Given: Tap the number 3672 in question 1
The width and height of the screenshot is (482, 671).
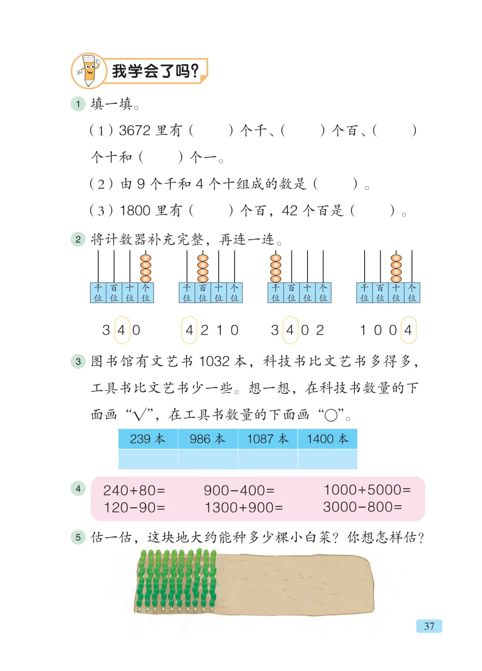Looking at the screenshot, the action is pyautogui.click(x=135, y=130).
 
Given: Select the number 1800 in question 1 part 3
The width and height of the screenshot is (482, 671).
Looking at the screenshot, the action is pyautogui.click(x=135, y=210).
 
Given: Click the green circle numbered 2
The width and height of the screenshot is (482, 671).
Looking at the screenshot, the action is pyautogui.click(x=78, y=240).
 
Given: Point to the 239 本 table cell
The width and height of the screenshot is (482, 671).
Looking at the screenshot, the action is pyautogui.click(x=148, y=439).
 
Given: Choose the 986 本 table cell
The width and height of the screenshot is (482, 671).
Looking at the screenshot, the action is pyautogui.click(x=208, y=439).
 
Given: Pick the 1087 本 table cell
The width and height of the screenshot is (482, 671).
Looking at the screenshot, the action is pyautogui.click(x=268, y=439).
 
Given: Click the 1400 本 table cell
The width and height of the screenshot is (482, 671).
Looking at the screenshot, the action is pyautogui.click(x=327, y=439).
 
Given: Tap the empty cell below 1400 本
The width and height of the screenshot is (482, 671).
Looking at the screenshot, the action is pyautogui.click(x=327, y=459).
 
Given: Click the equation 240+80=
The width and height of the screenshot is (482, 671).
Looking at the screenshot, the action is pyautogui.click(x=134, y=490).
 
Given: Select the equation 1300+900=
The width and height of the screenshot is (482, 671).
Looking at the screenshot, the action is pyautogui.click(x=244, y=507).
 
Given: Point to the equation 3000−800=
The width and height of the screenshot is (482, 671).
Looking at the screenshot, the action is pyautogui.click(x=362, y=507).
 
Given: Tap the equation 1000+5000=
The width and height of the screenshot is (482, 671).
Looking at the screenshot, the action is pyautogui.click(x=367, y=490).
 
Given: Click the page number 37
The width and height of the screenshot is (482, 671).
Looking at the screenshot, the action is pyautogui.click(x=429, y=626).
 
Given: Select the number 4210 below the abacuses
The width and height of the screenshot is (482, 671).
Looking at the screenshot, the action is pyautogui.click(x=212, y=330).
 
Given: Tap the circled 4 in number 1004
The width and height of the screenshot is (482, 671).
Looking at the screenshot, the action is pyautogui.click(x=408, y=330).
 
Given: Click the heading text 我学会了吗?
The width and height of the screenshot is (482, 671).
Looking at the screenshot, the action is pyautogui.click(x=155, y=71).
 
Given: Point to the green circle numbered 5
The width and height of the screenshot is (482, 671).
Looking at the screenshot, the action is pyautogui.click(x=78, y=537).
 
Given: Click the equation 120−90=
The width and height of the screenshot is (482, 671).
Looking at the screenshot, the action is pyautogui.click(x=134, y=507).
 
